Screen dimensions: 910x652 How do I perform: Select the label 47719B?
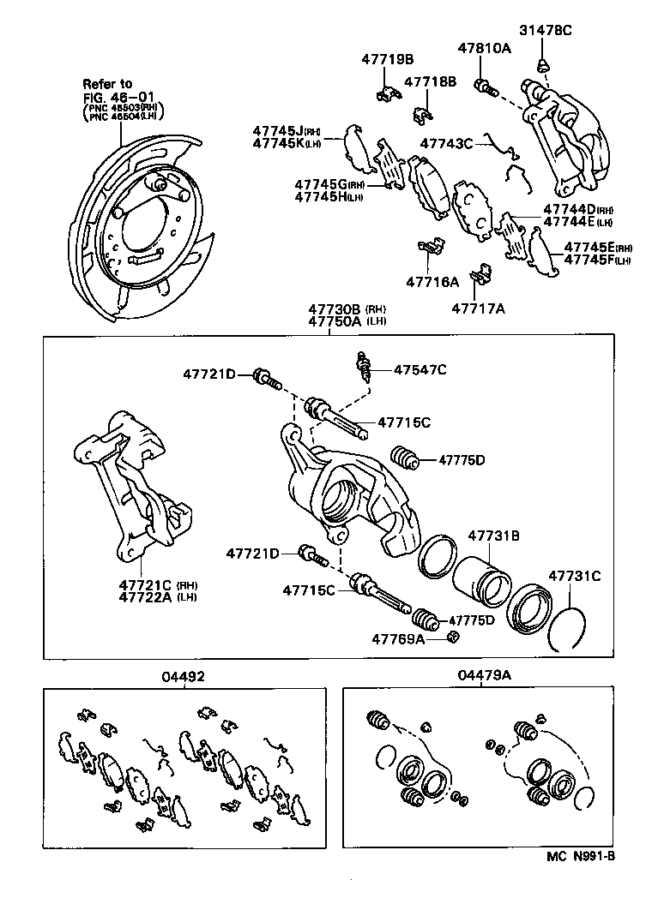(x=387, y=59)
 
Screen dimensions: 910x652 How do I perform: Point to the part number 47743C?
(x=446, y=143)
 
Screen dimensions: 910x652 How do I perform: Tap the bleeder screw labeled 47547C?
(x=365, y=368)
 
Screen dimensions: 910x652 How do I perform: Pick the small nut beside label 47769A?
(x=453, y=637)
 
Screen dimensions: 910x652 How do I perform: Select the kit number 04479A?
(x=484, y=675)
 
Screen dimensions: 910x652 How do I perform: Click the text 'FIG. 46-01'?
(x=112, y=97)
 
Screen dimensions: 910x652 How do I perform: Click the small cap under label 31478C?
(x=542, y=64)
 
